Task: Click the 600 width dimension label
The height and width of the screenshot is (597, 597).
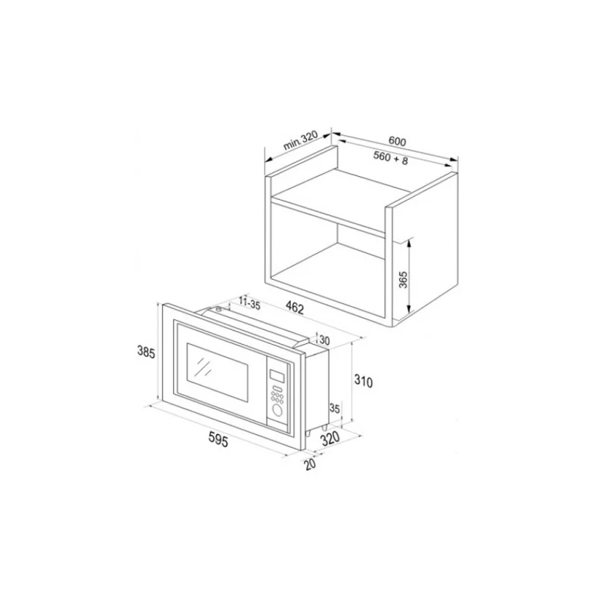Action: (397, 141)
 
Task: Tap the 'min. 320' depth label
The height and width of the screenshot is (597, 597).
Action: (301, 140)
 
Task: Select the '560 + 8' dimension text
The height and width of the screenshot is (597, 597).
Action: (390, 157)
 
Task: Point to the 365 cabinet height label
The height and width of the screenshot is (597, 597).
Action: (403, 279)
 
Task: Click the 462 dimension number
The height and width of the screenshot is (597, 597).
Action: (294, 308)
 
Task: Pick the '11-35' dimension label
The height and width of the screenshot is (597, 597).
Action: (249, 303)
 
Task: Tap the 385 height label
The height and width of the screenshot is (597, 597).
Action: (146, 351)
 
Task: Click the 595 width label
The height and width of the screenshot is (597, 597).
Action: (218, 440)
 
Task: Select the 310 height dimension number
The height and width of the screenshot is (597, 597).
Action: (363, 381)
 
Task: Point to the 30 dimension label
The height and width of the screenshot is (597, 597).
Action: (324, 340)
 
